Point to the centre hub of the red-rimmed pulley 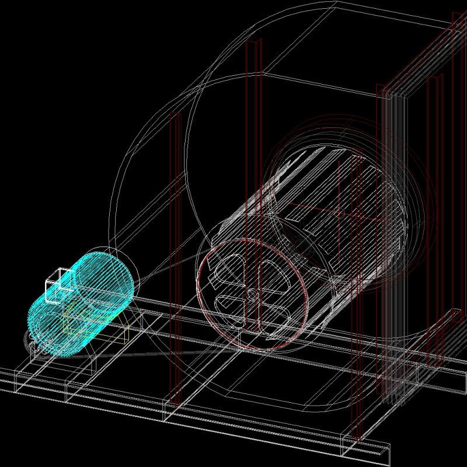[x=252, y=295]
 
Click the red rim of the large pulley [x=201, y=292]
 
